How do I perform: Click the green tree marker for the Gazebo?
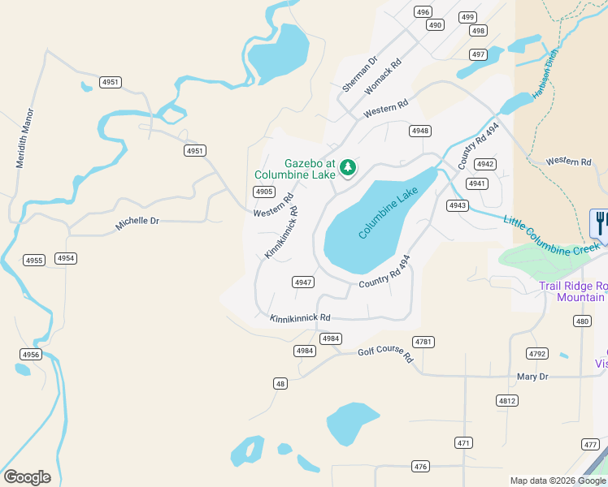[x=348, y=167]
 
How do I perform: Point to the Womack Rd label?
[x=384, y=75]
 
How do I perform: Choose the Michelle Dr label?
[x=137, y=223]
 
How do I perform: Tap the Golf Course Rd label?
[x=386, y=355]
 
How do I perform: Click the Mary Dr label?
[x=532, y=377]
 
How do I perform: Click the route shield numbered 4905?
[x=263, y=192]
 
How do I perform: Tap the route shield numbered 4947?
[x=303, y=282]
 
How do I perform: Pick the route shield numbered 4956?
[x=31, y=355]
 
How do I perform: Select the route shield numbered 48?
[x=280, y=384]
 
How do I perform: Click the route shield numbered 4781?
[x=423, y=342]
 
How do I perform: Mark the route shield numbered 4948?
[x=420, y=131]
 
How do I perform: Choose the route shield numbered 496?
[x=422, y=11]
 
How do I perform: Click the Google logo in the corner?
[x=27, y=477]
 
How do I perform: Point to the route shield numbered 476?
[x=420, y=466]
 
